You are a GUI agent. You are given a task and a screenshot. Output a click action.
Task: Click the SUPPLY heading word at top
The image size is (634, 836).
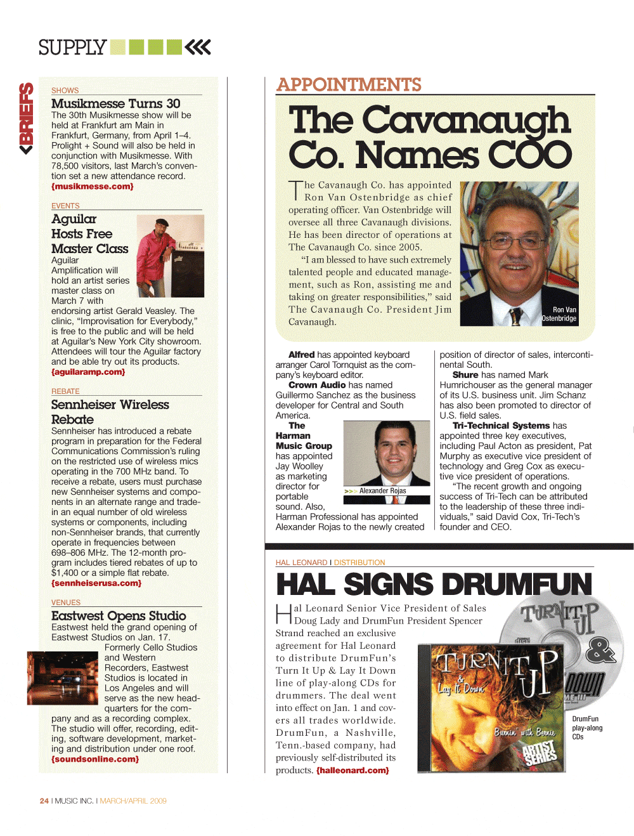tap(72, 48)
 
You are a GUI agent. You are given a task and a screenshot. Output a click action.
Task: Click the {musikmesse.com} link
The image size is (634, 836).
tap(93, 186)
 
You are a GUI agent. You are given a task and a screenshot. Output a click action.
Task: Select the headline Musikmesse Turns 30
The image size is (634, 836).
tap(115, 103)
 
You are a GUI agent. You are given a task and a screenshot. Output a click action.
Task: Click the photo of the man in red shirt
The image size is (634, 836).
tap(170, 256)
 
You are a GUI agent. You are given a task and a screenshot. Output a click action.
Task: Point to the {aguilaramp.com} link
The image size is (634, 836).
tap(88, 372)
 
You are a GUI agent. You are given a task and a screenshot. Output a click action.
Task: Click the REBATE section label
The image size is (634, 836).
tap(65, 391)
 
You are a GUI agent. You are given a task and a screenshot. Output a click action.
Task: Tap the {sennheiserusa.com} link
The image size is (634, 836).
tap(96, 583)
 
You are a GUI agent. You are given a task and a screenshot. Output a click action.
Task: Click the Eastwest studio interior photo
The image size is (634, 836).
tap(62, 678)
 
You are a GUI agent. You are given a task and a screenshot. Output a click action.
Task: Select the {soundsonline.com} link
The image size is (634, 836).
tap(95, 759)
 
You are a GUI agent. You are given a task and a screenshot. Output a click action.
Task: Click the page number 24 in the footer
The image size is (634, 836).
tap(44, 801)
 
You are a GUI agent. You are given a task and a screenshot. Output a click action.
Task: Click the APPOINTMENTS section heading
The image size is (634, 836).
tap(349, 85)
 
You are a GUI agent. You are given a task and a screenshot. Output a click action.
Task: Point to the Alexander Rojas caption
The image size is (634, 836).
tap(382, 491)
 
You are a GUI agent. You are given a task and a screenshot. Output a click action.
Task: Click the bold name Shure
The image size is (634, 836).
tap(465, 375)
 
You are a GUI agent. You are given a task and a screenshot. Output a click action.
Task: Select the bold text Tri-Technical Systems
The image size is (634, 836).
tap(501, 426)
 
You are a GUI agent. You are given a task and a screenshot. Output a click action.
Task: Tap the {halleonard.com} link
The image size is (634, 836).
tap(353, 771)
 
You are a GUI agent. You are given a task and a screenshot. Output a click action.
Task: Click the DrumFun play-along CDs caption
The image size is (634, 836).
tap(587, 728)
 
